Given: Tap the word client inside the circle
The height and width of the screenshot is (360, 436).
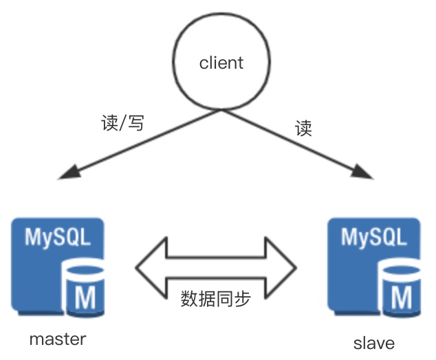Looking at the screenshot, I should [x=221, y=63].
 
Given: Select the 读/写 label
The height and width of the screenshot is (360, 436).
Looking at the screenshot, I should [x=122, y=123].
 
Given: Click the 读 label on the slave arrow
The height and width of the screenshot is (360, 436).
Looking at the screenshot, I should [x=303, y=128].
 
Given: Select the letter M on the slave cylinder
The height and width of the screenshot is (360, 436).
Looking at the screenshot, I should [x=402, y=298].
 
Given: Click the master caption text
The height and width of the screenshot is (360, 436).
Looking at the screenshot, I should [x=58, y=339].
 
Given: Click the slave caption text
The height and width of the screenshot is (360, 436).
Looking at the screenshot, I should [x=375, y=342].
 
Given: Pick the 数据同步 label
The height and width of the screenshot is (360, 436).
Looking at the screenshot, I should [x=215, y=298].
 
